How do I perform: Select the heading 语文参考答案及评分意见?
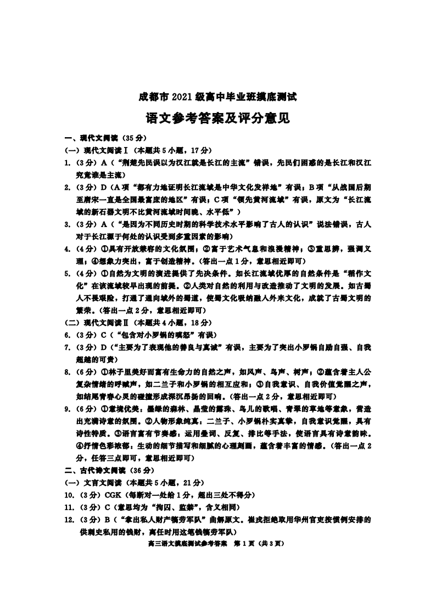coord(217,118)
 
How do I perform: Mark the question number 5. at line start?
coord(67,273)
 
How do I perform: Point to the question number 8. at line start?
coord(67,372)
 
